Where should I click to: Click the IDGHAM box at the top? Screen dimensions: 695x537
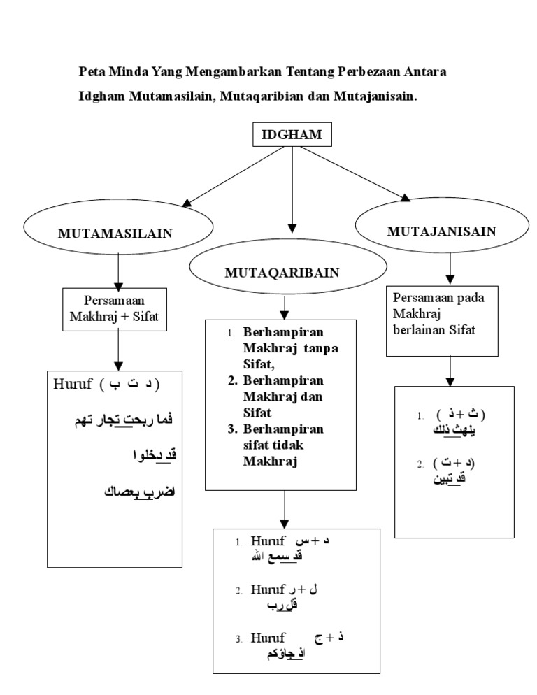pyautogui.click(x=292, y=136)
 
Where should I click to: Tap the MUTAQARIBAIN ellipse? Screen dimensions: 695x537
pyautogui.click(x=287, y=272)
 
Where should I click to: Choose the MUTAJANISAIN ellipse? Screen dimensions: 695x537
pyautogui.click(x=442, y=231)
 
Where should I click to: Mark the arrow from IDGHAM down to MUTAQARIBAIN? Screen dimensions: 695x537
pyautogui.click(x=292, y=189)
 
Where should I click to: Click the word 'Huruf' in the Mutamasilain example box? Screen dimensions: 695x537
pyautogui.click(x=71, y=385)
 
